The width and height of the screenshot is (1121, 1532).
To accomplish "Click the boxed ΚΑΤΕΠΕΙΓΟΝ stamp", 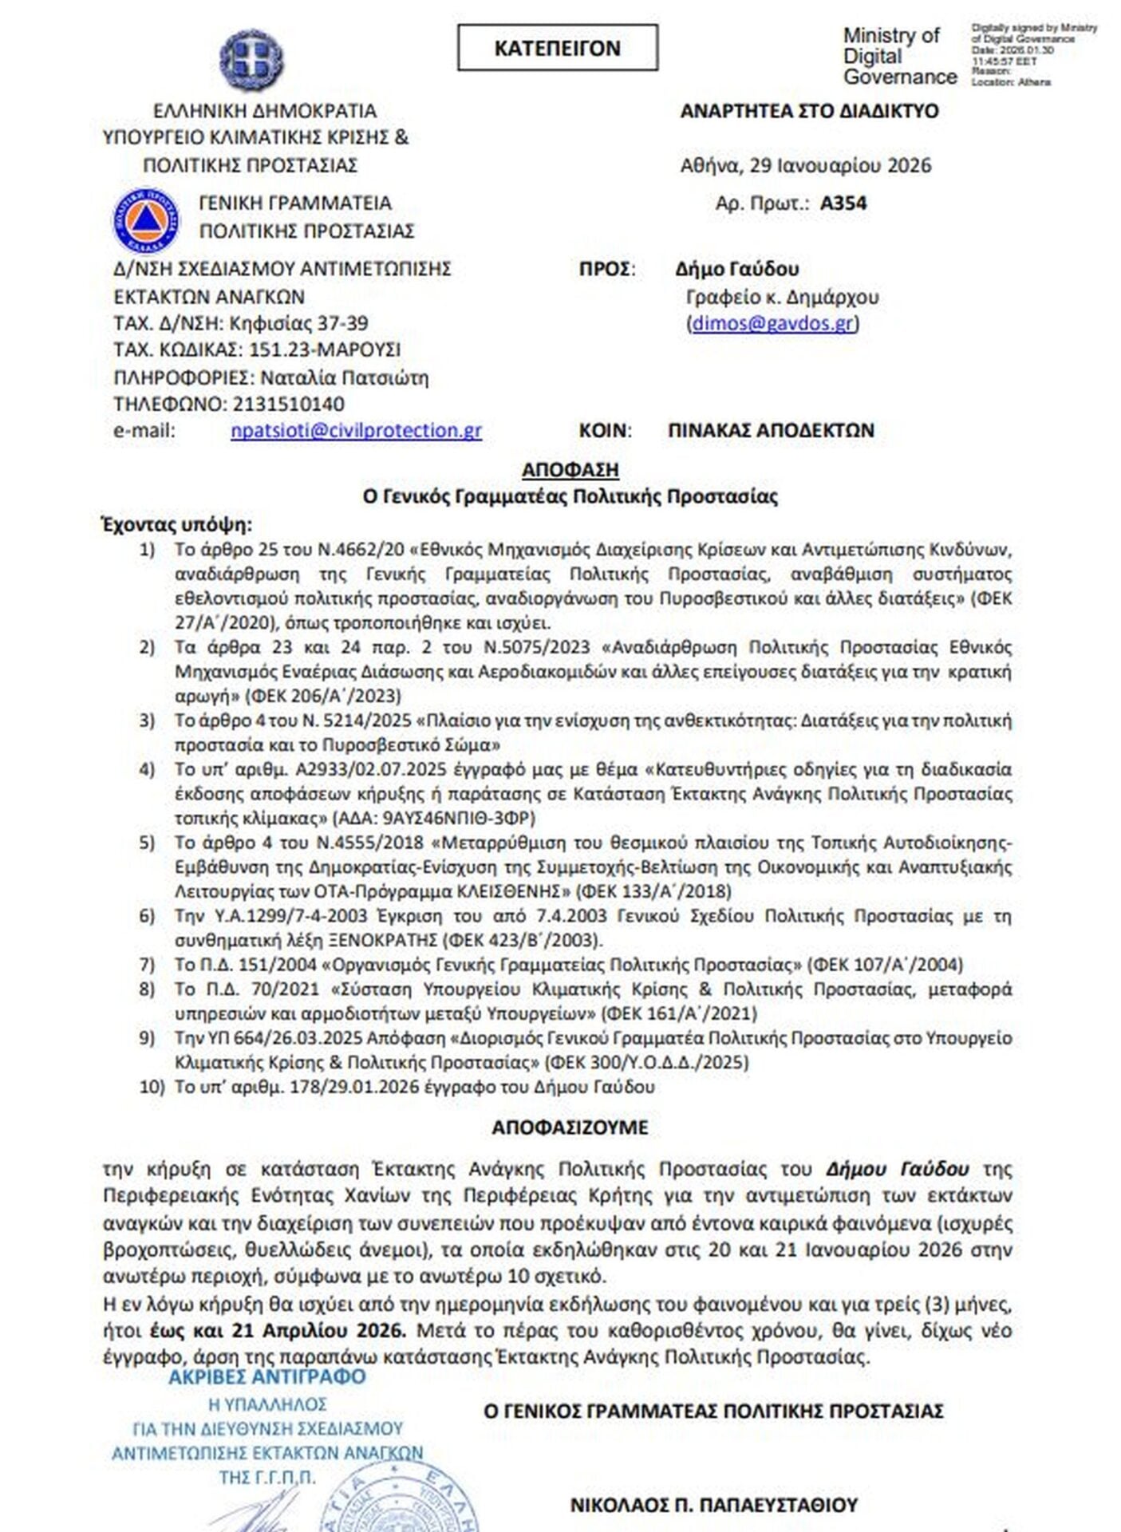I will click(557, 48).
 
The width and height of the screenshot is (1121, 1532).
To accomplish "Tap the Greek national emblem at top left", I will click(251, 60).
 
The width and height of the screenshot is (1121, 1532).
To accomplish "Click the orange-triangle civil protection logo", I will click(146, 219).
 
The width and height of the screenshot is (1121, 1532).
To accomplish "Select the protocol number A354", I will click(843, 203).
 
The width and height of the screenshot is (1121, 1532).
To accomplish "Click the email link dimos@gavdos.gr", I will click(773, 323).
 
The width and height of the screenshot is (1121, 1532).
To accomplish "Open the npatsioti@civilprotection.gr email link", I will click(356, 431).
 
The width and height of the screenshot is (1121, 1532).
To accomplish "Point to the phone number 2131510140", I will click(289, 404).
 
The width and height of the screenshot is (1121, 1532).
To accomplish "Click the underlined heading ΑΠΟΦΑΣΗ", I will click(570, 470).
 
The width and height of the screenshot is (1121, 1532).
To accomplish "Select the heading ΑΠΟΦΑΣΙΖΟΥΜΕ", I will click(570, 1127).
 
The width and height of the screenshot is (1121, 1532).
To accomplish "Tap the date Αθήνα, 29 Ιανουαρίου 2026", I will click(806, 165).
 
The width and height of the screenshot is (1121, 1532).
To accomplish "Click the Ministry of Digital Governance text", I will click(899, 57).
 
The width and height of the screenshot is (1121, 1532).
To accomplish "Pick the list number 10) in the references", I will click(152, 1087).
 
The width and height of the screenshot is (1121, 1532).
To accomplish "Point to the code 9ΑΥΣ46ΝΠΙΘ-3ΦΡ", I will click(459, 818).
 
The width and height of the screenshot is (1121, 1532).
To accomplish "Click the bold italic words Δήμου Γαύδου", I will click(898, 1169).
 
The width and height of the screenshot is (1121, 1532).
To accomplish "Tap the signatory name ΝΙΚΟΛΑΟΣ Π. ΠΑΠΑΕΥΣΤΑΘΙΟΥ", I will click(713, 1506).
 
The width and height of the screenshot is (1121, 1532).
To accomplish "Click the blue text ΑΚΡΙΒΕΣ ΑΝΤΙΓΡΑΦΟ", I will click(267, 1377).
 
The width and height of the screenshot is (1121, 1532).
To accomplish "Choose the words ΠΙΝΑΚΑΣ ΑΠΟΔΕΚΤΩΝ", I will click(771, 431).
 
